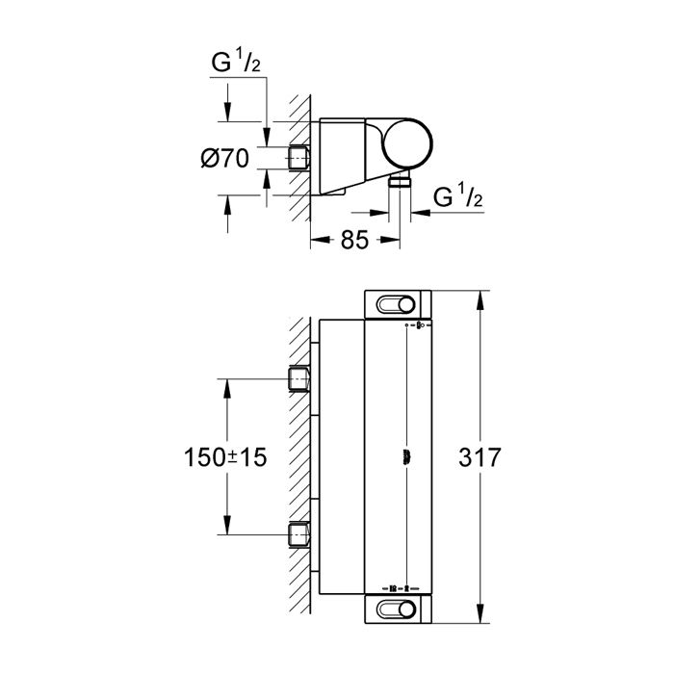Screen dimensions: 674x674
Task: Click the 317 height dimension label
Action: (x=480, y=457)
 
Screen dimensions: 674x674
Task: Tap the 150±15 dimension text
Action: (x=225, y=457)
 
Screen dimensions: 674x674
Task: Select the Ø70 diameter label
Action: (x=224, y=158)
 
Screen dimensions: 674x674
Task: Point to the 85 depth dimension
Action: (x=354, y=240)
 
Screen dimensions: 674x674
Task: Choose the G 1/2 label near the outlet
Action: (x=457, y=196)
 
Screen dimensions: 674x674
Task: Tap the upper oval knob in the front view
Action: (x=396, y=305)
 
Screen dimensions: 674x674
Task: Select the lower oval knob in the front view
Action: (x=396, y=609)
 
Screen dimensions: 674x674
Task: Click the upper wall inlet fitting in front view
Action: (x=298, y=378)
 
